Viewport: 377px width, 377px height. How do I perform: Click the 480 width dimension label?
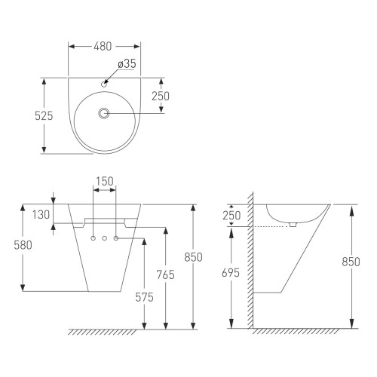point(103,47)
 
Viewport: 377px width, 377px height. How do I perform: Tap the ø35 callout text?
point(127,63)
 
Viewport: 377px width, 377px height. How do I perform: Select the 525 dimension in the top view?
point(44,116)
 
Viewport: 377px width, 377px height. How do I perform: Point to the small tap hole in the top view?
point(104,84)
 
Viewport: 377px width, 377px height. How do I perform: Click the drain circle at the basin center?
point(103,113)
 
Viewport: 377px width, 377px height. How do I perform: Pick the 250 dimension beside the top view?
point(161,96)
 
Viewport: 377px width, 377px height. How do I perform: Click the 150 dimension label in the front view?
point(105,181)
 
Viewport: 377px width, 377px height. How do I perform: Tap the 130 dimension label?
point(41,215)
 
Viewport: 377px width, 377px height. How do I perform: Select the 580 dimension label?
point(23,245)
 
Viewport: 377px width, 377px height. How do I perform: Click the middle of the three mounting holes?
point(105,238)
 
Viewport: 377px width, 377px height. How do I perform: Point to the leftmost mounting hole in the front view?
point(93,238)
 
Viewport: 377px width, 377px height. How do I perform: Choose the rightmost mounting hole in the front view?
point(116,238)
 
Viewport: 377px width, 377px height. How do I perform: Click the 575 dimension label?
point(144,298)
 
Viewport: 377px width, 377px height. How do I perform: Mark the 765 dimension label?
point(165,274)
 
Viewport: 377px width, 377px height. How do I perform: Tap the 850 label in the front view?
point(193,257)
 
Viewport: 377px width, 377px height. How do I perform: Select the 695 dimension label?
point(231,273)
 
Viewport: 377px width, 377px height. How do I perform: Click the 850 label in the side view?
point(351,262)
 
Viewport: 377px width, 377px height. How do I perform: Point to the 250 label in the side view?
point(231,216)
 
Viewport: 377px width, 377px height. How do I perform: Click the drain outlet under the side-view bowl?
point(293,225)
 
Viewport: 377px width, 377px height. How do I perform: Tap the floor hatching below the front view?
point(103,333)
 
